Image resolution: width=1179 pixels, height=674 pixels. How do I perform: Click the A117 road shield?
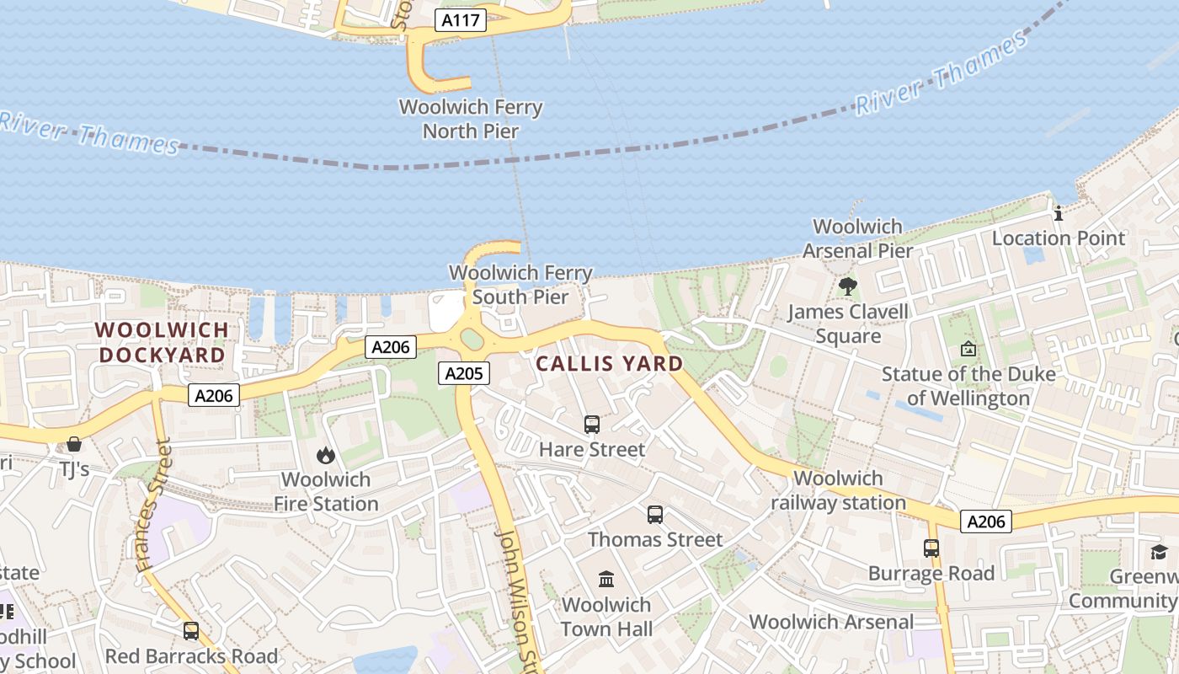coord(461,21)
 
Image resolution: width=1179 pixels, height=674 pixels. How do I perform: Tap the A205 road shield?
coord(463,373)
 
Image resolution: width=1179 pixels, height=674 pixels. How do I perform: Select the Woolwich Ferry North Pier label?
coord(471,120)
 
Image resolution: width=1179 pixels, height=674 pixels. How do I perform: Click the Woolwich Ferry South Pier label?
coord(520,285)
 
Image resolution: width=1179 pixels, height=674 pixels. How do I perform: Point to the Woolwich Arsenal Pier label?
coord(857,238)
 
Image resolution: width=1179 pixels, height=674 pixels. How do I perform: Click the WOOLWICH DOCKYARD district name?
coord(162,342)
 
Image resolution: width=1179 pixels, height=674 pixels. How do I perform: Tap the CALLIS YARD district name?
coord(609,364)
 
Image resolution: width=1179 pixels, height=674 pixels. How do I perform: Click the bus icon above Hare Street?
coord(592,425)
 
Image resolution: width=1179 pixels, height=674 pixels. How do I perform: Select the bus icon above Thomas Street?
coord(655,514)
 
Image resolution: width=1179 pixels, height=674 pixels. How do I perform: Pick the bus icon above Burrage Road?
coord(931,548)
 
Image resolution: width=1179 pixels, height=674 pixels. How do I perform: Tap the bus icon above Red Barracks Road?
coord(191,631)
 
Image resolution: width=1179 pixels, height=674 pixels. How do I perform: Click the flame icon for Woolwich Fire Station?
coord(326,456)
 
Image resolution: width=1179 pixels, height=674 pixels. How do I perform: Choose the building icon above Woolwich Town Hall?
coord(606,579)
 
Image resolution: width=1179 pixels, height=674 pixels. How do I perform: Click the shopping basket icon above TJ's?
coord(74,444)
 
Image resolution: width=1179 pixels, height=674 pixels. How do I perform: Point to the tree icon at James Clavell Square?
coord(848,286)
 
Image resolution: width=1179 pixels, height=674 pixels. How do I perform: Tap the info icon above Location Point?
coord(1059,213)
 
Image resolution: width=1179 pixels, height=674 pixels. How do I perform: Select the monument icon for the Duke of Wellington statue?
coord(968,348)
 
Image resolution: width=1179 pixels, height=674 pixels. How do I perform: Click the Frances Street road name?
coord(154,505)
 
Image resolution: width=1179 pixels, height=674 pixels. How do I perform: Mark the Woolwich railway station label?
coord(838,490)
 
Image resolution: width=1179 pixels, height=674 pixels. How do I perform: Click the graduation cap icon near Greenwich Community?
coord(1160,552)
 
